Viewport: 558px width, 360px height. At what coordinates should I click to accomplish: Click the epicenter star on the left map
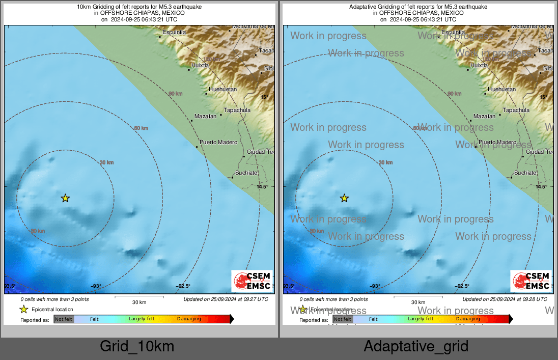pyautogui.click(x=65, y=198)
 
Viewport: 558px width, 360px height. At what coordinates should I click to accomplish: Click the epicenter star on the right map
pyautogui.click(x=344, y=198)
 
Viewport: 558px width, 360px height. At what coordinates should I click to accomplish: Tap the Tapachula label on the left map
pyautogui.click(x=238, y=110)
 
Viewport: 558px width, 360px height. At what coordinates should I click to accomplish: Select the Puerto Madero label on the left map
pyautogui.click(x=218, y=142)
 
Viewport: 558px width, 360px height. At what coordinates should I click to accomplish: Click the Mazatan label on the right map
pyautogui.click(x=484, y=116)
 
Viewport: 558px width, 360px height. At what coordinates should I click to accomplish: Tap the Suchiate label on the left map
pyautogui.click(x=246, y=173)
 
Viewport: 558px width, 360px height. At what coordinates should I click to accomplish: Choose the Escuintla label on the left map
pyautogui.click(x=172, y=33)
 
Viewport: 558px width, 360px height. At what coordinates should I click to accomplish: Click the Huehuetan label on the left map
pyautogui.click(x=223, y=89)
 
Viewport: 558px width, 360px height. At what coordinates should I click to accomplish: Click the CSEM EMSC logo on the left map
pyautogui.click(x=252, y=281)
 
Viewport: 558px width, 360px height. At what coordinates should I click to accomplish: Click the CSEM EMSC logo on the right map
pyautogui.click(x=531, y=281)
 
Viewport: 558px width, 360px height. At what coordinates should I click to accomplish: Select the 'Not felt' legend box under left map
pyautogui.click(x=64, y=319)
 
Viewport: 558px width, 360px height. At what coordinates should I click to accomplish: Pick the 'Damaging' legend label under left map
pyautogui.click(x=189, y=319)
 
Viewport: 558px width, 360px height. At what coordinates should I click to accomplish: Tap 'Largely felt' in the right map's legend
pyautogui.click(x=421, y=319)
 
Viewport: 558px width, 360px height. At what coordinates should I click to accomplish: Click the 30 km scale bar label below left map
pyautogui.click(x=139, y=302)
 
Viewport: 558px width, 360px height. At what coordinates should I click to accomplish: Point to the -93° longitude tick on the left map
pyautogui.click(x=95, y=286)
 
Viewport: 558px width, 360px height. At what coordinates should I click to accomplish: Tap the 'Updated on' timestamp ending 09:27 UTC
pyautogui.click(x=226, y=299)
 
